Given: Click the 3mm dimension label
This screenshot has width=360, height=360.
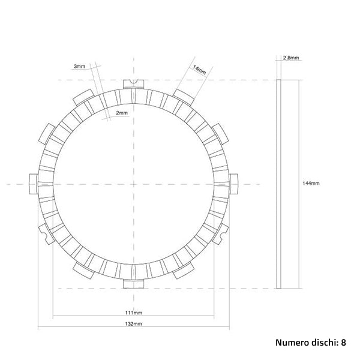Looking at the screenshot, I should point(79,66).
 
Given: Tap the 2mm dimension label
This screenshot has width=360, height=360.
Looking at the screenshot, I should point(121,113).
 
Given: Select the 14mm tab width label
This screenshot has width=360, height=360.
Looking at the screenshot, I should point(199,69).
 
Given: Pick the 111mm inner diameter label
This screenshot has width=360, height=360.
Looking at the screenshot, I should point(134,313).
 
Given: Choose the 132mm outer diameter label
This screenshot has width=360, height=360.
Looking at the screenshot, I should point(134,324).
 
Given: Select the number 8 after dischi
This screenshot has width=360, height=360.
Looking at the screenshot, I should point(343,343).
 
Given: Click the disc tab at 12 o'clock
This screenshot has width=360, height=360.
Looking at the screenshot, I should point(134,84).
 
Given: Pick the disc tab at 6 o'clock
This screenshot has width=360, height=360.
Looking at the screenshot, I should point(134,282).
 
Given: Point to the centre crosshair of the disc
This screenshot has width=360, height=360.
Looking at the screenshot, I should point(134,183).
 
